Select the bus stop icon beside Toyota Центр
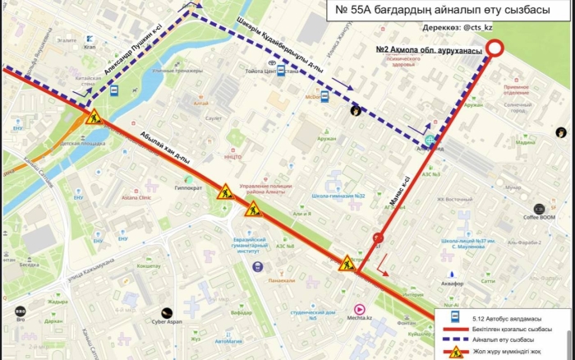(x=281, y=72)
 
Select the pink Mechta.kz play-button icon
(x=359, y=309)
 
